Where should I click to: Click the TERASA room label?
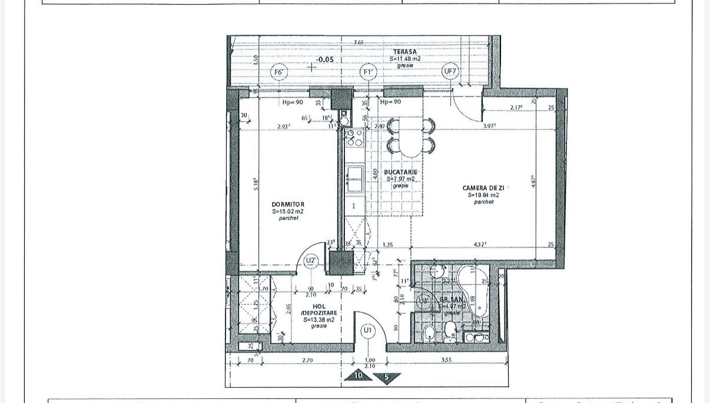[405, 52]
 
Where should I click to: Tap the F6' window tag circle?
[280, 73]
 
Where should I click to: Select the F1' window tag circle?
[369, 73]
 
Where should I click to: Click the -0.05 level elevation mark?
[324, 60]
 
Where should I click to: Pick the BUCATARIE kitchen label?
[400, 172]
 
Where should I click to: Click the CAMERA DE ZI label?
[483, 187]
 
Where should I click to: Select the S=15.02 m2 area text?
[288, 211]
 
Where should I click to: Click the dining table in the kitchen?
[411, 136]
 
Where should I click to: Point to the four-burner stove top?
[354, 137]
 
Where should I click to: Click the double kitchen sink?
[354, 179]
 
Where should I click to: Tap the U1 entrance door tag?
[368, 331]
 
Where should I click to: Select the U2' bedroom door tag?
[311, 260]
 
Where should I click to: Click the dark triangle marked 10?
[359, 375]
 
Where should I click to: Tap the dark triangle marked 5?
[386, 377]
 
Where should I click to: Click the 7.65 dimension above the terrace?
[358, 42]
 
